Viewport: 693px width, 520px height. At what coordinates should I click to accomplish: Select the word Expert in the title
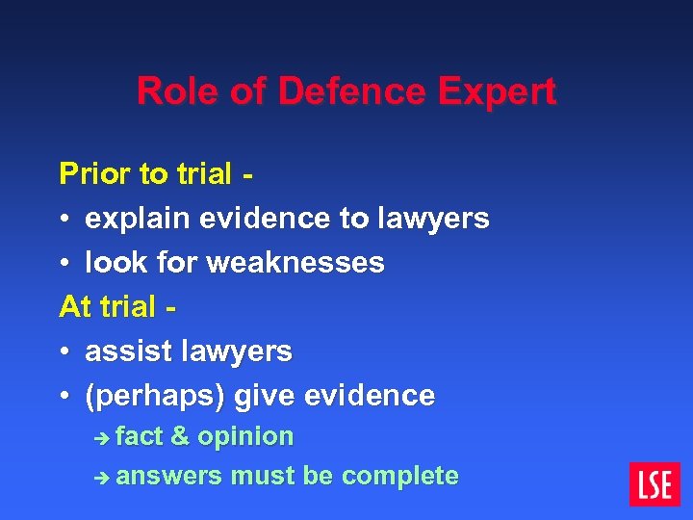pyautogui.click(x=498, y=91)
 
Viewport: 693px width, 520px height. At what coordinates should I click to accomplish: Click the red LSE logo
pyautogui.click(x=654, y=484)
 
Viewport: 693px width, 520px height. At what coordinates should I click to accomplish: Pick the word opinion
pyautogui.click(x=245, y=436)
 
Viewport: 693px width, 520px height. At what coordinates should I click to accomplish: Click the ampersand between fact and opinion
pyautogui.click(x=180, y=436)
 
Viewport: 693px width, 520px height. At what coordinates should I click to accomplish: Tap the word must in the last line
pyautogui.click(x=262, y=476)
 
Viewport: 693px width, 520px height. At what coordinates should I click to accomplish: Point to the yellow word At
pyautogui.click(x=75, y=307)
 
